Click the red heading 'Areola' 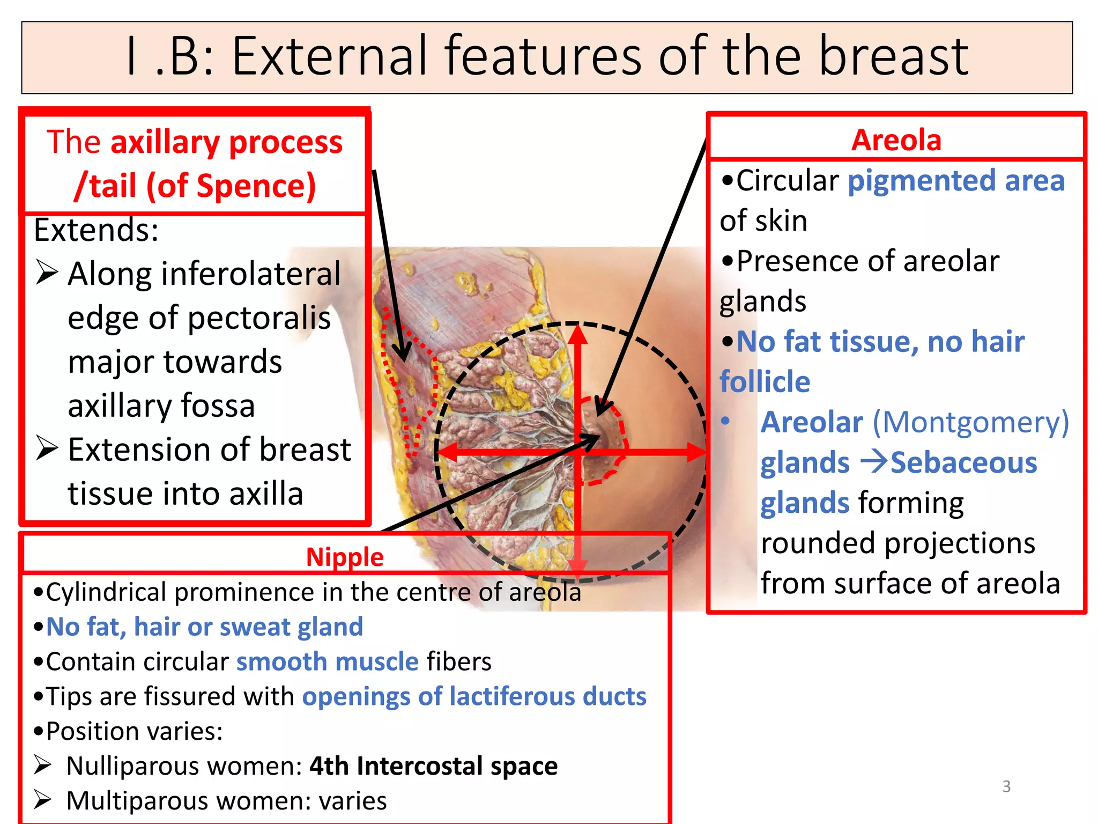click(x=896, y=141)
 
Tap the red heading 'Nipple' click(x=345, y=557)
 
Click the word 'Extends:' click(x=96, y=231)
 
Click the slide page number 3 click(x=1006, y=786)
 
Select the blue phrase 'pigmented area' click(x=956, y=181)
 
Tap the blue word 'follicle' click(x=765, y=382)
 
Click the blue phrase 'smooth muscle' click(x=327, y=662)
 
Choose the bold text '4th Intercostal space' click(x=433, y=766)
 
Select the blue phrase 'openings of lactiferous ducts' click(x=474, y=697)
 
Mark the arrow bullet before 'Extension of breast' click(x=47, y=449)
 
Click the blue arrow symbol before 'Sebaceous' click(x=873, y=462)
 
